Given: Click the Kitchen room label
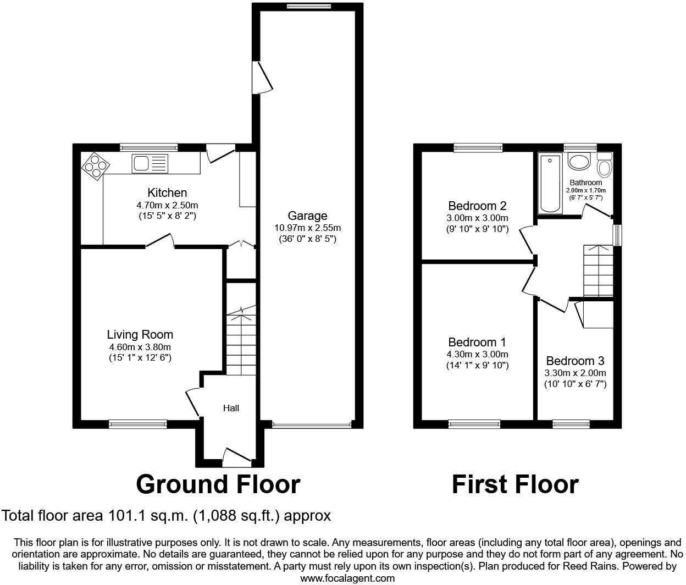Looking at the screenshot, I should point(167,192).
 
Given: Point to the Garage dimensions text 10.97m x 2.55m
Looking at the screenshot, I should point(307,228).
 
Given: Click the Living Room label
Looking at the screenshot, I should point(140,334).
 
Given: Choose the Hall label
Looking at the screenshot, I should point(231,408).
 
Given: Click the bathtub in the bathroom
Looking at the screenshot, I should point(550,184).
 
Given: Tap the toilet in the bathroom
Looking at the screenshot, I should point(604,165).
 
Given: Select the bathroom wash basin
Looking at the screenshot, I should point(579,162).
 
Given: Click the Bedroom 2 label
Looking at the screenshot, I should point(477,206).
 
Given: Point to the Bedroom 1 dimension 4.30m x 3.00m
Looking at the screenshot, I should point(477,354).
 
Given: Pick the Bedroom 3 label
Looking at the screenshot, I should point(575,361).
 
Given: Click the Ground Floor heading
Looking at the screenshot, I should point(218,484).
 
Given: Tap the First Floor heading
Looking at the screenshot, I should point(515,484).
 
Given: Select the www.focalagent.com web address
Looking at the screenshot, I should point(347,578).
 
